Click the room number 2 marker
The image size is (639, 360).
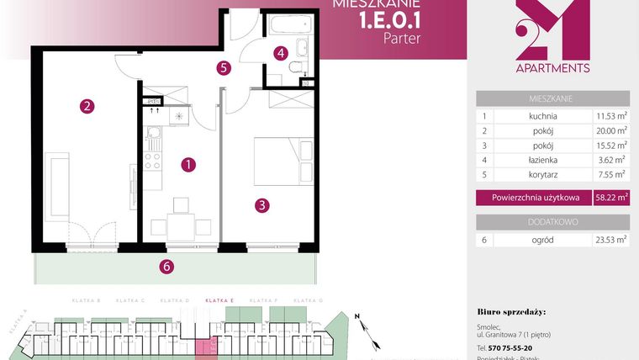click(86, 107)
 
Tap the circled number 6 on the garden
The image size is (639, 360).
click(166, 267)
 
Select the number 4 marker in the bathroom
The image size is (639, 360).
click(281, 53)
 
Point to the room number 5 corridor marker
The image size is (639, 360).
click(223, 68)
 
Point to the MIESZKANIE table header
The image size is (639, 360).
click(552, 98)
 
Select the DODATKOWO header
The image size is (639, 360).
click(552, 221)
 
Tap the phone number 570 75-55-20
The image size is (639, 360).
click(504, 347)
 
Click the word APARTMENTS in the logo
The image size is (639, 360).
click(552, 68)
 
